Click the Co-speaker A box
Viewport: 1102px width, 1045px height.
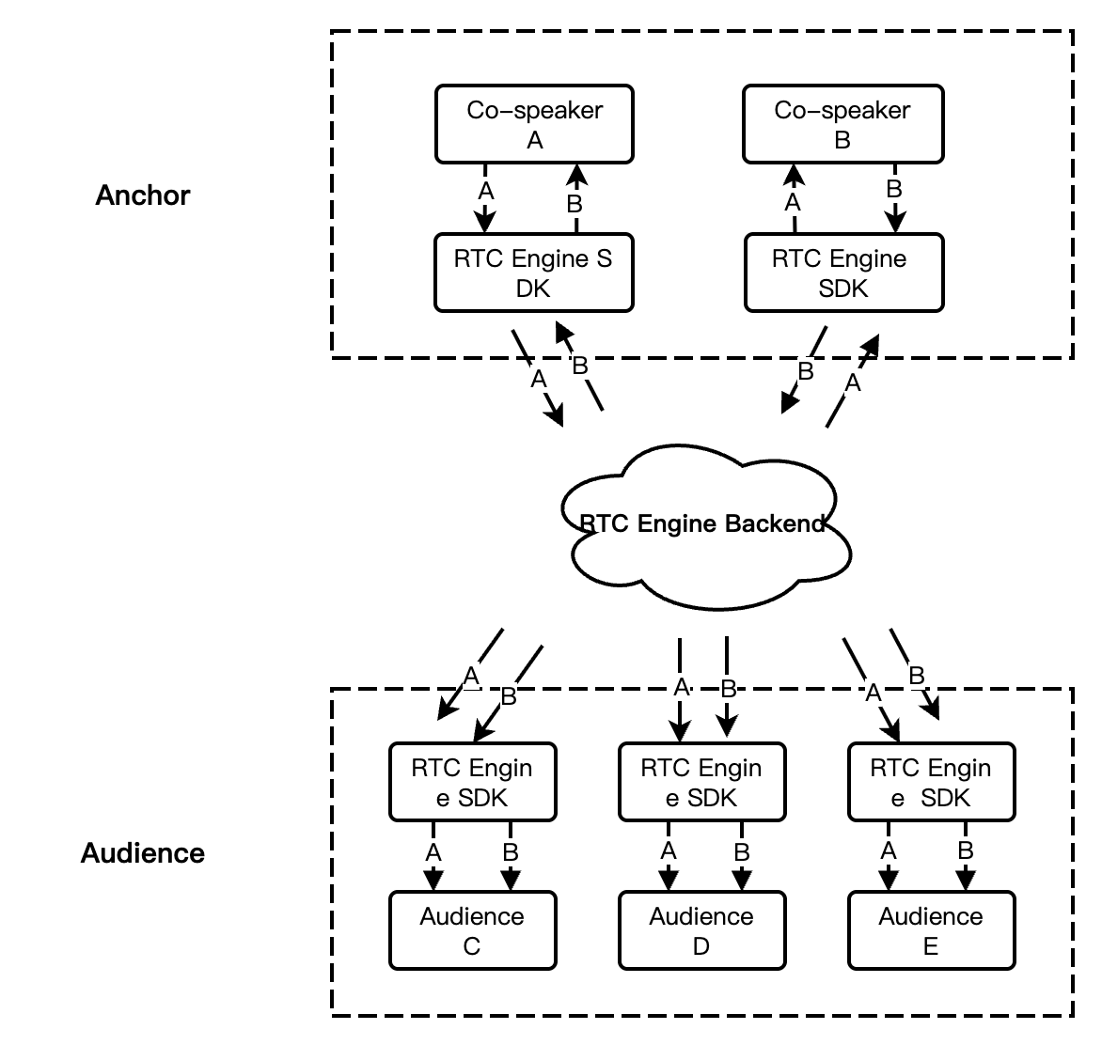(x=534, y=124)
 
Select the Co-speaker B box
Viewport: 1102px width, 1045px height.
(x=842, y=124)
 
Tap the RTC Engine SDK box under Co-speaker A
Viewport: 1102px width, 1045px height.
(x=533, y=273)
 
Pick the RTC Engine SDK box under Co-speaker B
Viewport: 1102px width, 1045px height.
(x=842, y=273)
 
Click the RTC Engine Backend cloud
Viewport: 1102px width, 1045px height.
(x=703, y=523)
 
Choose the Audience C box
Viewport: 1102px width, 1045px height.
(x=472, y=930)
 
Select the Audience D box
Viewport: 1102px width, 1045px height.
(x=701, y=930)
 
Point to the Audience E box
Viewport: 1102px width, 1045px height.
(x=931, y=930)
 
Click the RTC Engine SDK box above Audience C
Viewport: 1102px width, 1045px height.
(x=472, y=782)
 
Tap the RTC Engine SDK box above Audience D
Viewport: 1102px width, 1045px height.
(x=701, y=782)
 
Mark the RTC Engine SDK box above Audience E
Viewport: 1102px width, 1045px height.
(x=931, y=782)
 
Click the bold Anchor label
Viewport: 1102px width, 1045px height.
(x=143, y=195)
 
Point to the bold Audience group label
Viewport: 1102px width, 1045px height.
(x=143, y=853)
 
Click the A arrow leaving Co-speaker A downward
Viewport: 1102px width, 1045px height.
(x=484, y=199)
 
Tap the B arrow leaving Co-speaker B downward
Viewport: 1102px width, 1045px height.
(x=895, y=199)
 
